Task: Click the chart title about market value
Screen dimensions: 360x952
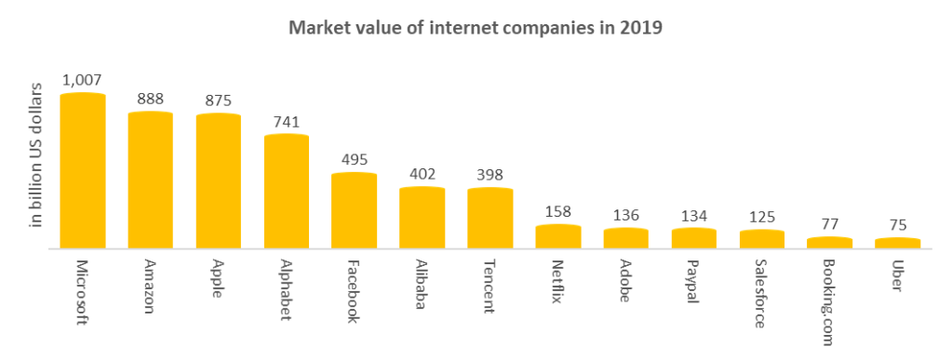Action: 476,27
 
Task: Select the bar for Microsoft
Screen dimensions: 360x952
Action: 83,171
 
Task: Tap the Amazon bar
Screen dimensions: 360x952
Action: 150,180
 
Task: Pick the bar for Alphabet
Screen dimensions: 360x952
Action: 287,192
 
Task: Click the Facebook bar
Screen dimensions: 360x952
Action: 355,211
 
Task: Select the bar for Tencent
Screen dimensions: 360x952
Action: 490,219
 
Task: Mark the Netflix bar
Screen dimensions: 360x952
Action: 558,237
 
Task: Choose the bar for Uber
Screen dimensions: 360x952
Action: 898,244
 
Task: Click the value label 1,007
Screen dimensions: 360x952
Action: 82,80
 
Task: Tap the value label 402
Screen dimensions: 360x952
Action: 422,174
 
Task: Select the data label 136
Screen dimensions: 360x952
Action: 626,215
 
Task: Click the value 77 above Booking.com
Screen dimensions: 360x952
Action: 830,224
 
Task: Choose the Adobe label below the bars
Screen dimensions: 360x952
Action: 626,279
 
